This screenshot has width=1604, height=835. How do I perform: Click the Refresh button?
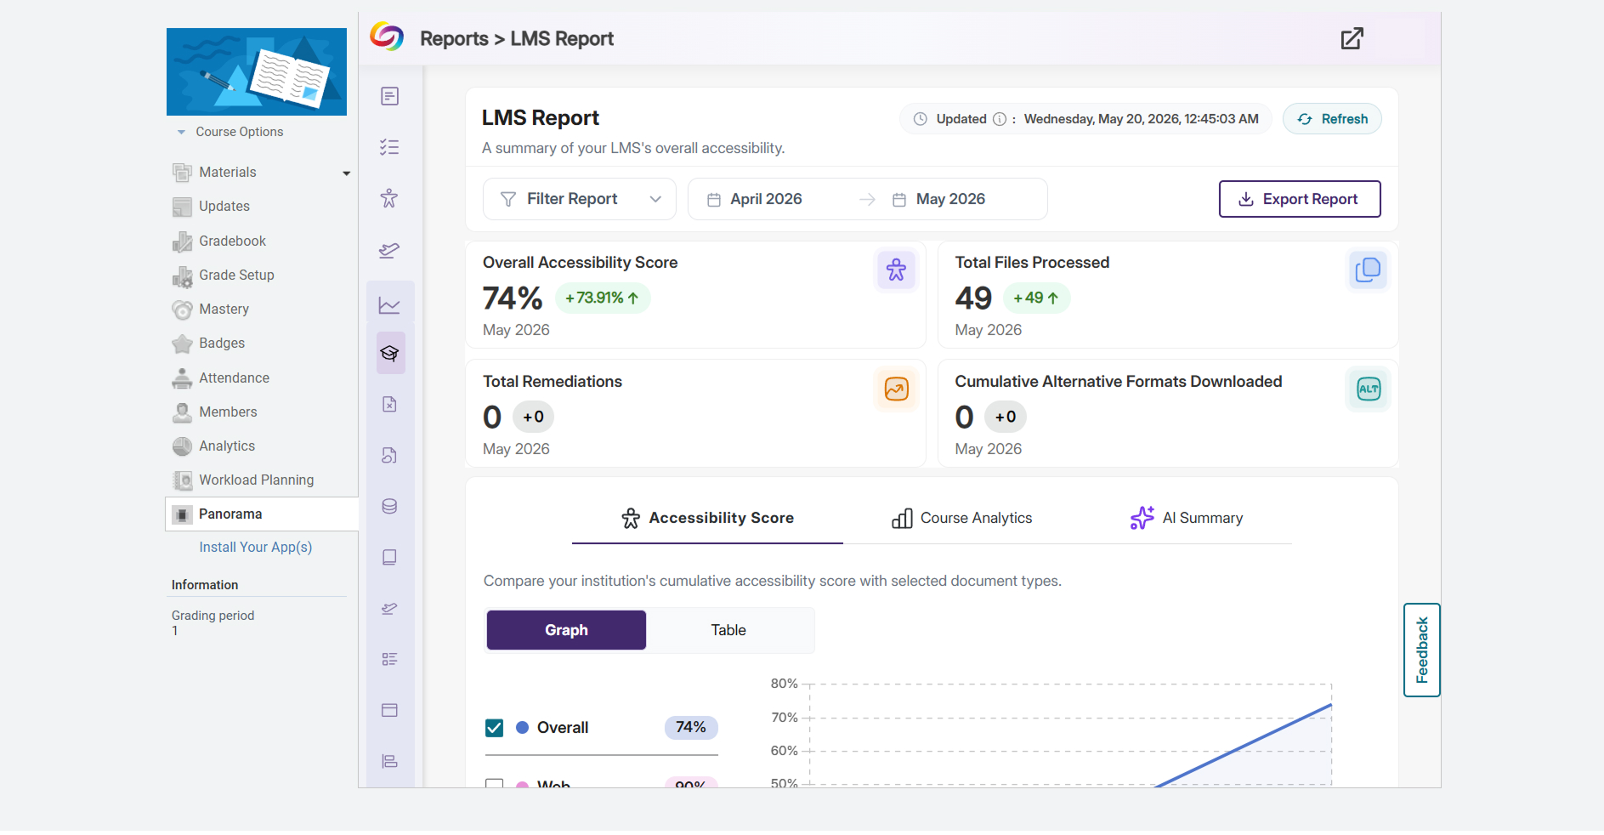coord(1332,119)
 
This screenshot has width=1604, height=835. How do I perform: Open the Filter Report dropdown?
coord(580,199)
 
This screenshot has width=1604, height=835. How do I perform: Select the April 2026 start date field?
coord(766,199)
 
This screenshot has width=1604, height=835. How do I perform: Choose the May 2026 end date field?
coord(950,199)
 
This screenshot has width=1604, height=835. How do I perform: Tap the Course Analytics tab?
coord(961,518)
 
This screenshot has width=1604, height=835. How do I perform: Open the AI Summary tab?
coord(1187,518)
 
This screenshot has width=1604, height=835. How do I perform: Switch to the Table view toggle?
coord(728,630)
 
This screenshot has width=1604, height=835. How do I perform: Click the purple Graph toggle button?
coord(566,630)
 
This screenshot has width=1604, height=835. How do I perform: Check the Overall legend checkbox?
coord(495,728)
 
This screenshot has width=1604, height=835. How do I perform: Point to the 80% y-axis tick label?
coord(784,684)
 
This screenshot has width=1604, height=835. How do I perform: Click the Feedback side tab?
coord(1422,650)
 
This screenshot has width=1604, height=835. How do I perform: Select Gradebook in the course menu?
coord(232,241)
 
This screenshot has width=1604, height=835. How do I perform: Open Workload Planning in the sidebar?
coord(256,480)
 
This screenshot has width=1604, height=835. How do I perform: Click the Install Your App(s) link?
coord(255,548)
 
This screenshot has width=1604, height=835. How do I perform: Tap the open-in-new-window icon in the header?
coord(1352,39)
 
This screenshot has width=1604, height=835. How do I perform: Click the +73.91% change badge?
coord(603,298)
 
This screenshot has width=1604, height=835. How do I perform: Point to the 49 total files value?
coord(973,298)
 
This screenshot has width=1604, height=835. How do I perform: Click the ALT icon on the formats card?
coord(1369,389)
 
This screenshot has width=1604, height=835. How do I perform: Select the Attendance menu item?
coord(234,378)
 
